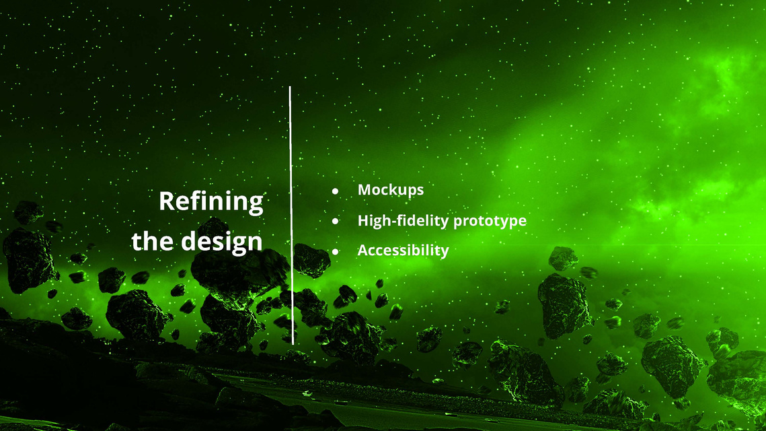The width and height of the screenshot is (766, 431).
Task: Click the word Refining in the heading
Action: click(x=211, y=202)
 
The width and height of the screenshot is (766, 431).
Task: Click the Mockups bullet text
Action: click(x=391, y=191)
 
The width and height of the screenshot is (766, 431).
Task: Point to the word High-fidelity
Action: click(x=403, y=221)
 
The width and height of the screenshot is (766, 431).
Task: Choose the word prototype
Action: click(x=490, y=222)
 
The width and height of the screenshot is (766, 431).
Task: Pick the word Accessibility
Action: click(x=403, y=251)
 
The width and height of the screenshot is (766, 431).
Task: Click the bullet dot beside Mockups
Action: click(x=335, y=191)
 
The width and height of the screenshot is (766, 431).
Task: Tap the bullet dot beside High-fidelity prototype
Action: click(x=335, y=221)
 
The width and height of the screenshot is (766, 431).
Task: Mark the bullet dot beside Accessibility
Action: click(x=335, y=251)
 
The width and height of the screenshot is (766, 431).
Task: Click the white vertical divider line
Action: click(x=291, y=215)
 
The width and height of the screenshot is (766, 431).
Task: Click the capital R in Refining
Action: click(x=167, y=201)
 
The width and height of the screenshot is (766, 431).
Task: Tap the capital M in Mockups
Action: click(x=365, y=189)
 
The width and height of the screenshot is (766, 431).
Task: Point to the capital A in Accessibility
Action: click(x=364, y=250)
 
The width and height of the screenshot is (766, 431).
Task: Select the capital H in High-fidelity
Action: click(x=364, y=220)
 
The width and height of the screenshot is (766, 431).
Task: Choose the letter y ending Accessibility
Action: click(x=444, y=253)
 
